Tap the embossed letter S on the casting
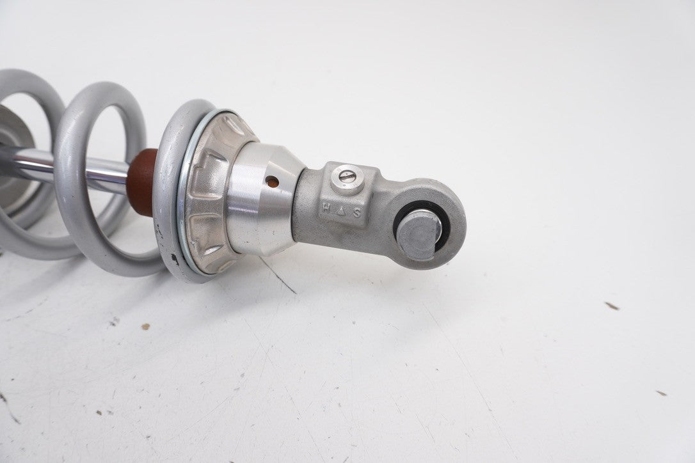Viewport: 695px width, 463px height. click(357, 213)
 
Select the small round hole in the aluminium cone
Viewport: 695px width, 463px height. click(273, 181)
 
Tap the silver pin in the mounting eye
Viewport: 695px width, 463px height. click(418, 234)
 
